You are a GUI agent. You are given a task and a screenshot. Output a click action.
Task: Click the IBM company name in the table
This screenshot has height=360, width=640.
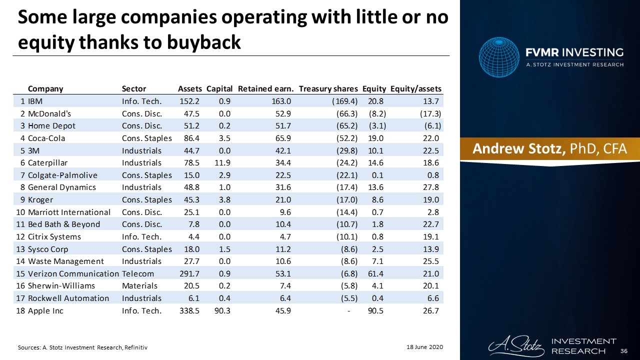pyautogui.click(x=35, y=101)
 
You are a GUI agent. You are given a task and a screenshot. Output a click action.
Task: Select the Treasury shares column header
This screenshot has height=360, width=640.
pyautogui.click(x=328, y=89)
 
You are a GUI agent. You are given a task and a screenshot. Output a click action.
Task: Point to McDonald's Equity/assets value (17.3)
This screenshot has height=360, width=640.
pyautogui.click(x=430, y=113)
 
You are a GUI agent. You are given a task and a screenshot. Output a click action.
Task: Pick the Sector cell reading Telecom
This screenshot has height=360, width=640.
pyautogui.click(x=138, y=273)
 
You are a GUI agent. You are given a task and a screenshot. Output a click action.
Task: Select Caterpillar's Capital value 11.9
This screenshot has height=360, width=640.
pyautogui.click(x=222, y=162)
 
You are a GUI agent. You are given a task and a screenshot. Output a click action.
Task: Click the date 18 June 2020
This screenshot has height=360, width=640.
pyautogui.click(x=422, y=346)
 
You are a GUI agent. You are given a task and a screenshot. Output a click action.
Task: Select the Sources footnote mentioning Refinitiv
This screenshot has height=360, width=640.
pyautogui.click(x=82, y=346)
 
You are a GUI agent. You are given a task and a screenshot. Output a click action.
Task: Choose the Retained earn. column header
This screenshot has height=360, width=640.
pyautogui.click(x=265, y=89)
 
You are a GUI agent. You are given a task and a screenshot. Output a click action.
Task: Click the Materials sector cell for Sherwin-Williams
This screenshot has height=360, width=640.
pyautogui.click(x=139, y=286)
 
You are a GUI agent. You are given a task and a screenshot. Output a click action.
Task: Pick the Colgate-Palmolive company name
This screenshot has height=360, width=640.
pyautogui.click(x=62, y=175)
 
